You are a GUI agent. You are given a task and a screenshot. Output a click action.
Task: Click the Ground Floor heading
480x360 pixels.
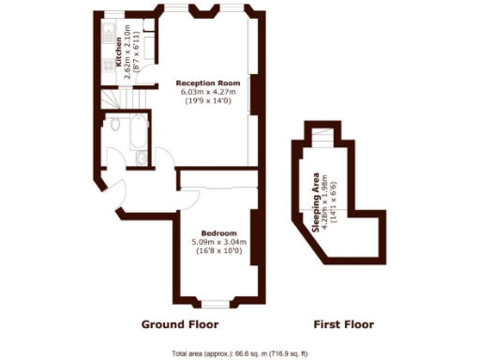tap(180, 324)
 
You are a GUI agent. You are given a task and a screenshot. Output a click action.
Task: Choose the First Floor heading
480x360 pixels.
tap(342, 324)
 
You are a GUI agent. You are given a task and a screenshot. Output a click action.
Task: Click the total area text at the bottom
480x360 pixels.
tap(240, 352)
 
